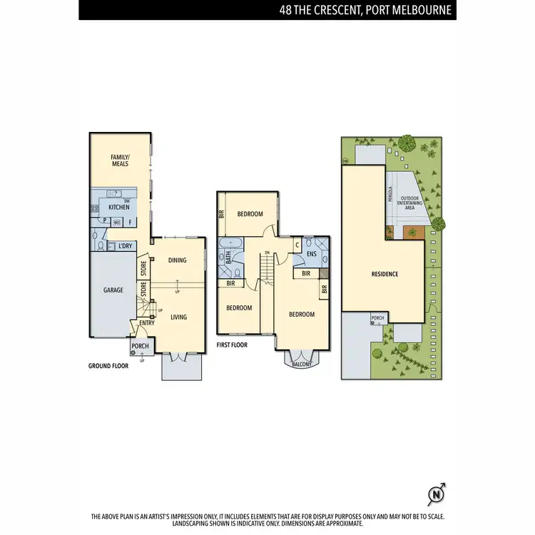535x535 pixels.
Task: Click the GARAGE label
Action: [113, 290]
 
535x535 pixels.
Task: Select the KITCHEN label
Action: [118, 208]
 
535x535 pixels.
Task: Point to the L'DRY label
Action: [126, 246]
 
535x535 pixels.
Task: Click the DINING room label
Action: [177, 260]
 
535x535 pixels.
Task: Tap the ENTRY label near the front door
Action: [147, 323]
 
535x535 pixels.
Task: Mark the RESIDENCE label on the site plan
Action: [384, 274]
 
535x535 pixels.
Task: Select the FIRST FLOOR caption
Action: [232, 345]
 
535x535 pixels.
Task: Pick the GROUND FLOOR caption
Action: [108, 365]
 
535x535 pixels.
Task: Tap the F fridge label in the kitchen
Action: [131, 221]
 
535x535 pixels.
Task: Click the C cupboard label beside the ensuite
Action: [297, 245]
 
